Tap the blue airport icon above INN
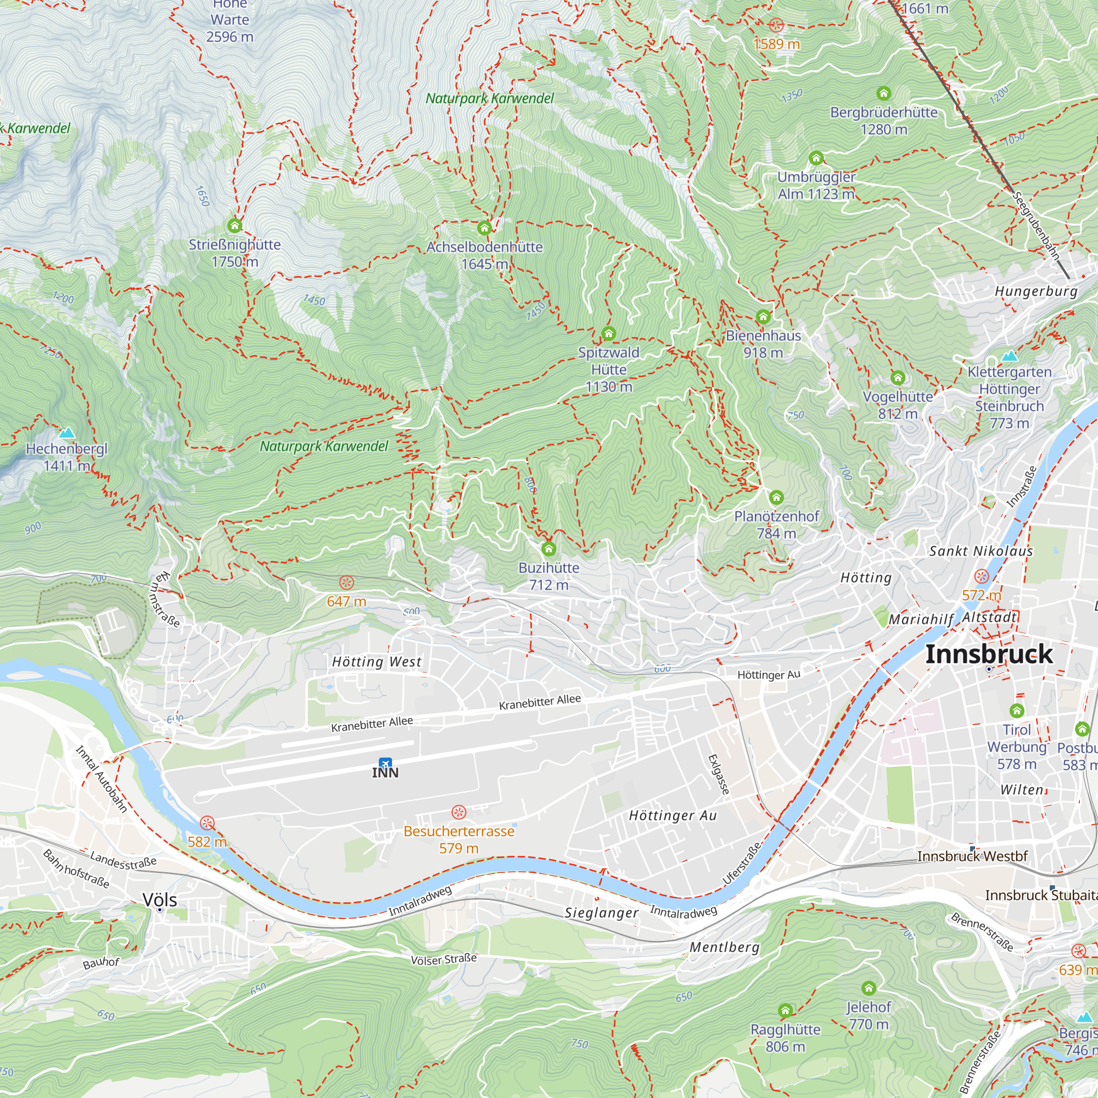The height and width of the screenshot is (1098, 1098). click(385, 762)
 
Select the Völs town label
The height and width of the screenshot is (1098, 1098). click(160, 900)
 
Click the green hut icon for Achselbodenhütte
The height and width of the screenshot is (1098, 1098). click(484, 228)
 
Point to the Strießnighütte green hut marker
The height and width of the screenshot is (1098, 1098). click(235, 226)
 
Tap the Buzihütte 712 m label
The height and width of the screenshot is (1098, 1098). click(548, 576)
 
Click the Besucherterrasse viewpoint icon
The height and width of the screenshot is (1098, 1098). click(458, 811)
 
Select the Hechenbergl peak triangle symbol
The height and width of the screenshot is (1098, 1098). click(67, 433)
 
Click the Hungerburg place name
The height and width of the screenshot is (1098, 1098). click(1035, 292)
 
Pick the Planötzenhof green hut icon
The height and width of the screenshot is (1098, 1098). click(776, 498)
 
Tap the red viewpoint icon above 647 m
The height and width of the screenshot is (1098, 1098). click(346, 582)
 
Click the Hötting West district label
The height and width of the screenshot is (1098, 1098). click(377, 662)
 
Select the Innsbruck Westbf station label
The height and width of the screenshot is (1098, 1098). click(972, 856)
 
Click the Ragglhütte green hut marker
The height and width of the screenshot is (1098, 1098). click(786, 1011)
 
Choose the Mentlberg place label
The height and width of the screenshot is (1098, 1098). click(724, 947)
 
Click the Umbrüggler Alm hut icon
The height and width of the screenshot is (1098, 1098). click(816, 158)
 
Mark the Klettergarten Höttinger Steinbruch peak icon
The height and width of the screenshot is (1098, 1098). click(1010, 356)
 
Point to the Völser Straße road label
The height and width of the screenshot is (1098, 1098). click(444, 959)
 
